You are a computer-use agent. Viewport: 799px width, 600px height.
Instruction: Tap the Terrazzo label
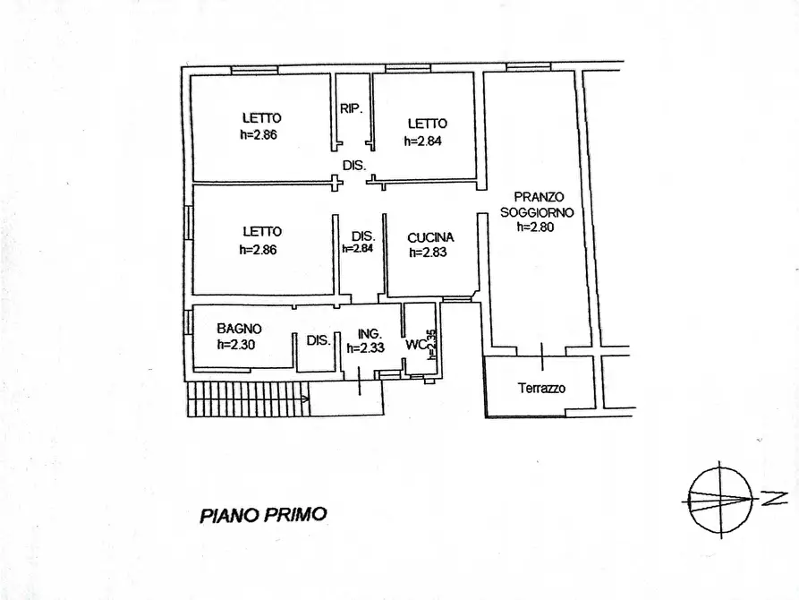(x=541, y=389)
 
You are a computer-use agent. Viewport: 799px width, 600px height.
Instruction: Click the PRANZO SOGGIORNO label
(x=537, y=205)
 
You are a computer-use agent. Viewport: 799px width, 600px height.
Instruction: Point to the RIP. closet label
(x=351, y=109)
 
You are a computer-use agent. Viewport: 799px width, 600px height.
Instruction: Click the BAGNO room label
(x=239, y=329)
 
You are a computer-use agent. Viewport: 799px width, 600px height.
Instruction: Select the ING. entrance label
(x=370, y=334)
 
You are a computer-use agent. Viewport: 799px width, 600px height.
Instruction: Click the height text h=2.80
(x=537, y=227)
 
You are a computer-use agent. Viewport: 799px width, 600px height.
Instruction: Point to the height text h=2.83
(x=429, y=253)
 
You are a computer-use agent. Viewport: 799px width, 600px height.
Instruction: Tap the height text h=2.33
(x=370, y=348)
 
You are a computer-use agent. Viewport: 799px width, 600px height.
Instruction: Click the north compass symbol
(x=719, y=499)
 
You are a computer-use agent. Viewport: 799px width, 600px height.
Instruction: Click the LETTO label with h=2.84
(x=427, y=124)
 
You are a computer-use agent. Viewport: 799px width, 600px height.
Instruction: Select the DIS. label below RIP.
(x=354, y=165)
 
